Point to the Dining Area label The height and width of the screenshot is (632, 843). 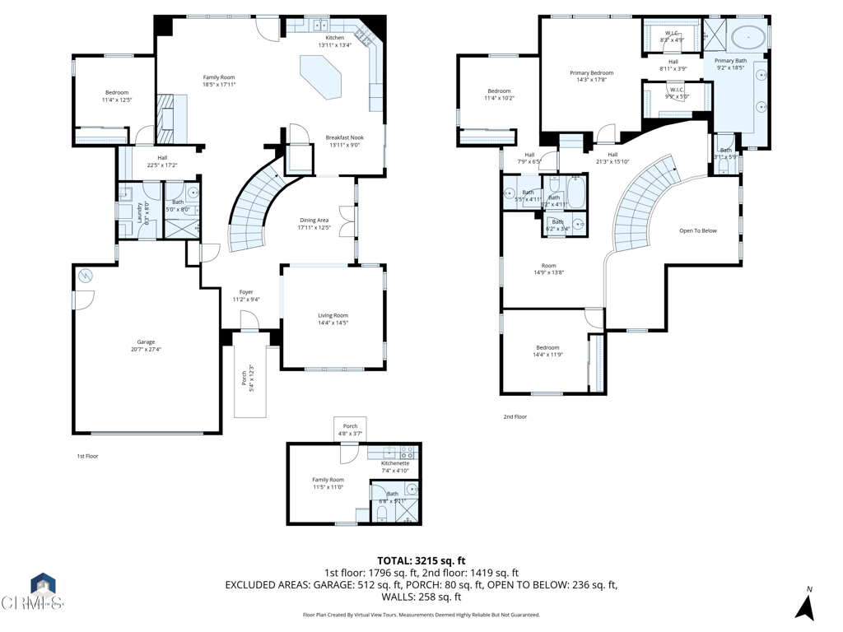click(x=314, y=224)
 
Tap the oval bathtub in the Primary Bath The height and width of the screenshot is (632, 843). click(x=748, y=37)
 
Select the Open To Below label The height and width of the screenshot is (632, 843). click(x=697, y=230)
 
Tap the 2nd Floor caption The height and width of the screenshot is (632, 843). click(x=515, y=416)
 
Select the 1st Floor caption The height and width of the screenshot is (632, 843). click(x=87, y=455)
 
